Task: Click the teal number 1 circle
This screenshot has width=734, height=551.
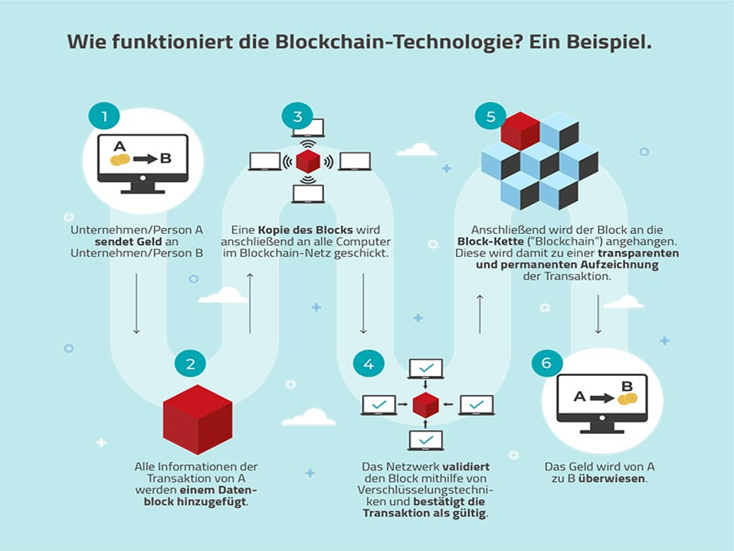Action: (105, 116)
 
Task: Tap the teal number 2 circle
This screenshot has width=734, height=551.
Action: (190, 364)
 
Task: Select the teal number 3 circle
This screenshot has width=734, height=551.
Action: (297, 116)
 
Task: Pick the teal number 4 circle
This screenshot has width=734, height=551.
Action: (368, 364)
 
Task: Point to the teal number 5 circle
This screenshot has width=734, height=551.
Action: (490, 116)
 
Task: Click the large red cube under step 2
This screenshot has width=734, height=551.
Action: (197, 419)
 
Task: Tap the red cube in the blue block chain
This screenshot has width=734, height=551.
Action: (520, 130)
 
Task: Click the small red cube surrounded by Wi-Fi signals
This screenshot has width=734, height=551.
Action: (308, 161)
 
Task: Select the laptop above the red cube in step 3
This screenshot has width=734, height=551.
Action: (308, 127)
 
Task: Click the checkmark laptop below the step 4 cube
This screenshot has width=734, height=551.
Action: (426, 440)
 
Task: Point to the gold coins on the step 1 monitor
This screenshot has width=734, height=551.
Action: (120, 159)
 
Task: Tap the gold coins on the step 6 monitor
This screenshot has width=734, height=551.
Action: (627, 397)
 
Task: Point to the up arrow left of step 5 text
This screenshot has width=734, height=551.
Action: (480, 314)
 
